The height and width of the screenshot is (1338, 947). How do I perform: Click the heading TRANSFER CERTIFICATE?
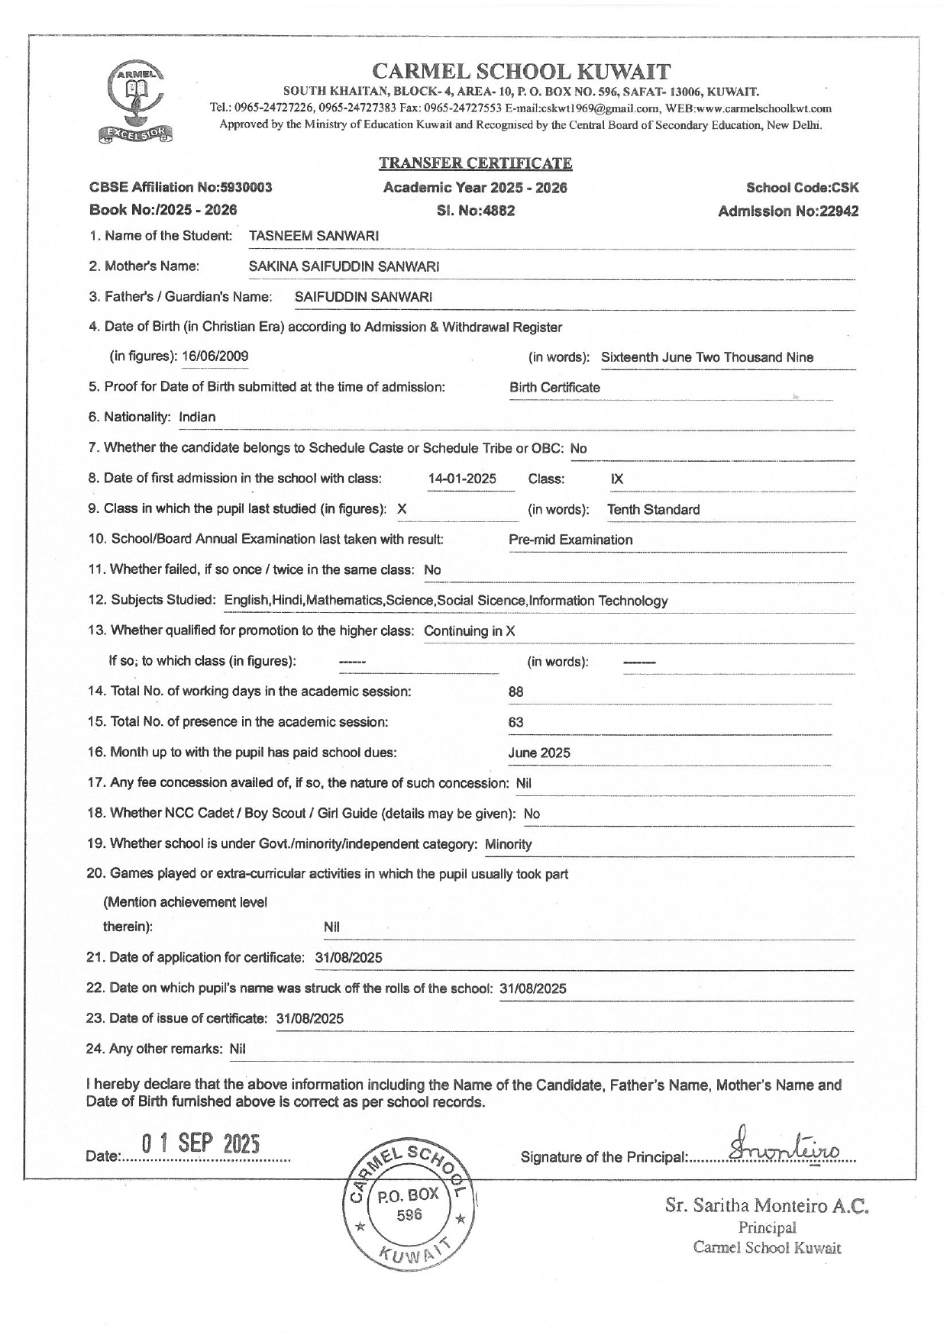coord(475,163)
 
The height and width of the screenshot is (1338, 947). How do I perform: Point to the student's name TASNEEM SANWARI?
coord(314,236)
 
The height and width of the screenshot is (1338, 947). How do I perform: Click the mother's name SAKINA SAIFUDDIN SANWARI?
coord(344,266)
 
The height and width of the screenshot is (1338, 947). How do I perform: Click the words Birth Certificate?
coord(554,388)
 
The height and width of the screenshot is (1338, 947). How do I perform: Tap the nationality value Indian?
coord(197,418)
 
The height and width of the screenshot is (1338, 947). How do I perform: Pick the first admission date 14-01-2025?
coord(462,479)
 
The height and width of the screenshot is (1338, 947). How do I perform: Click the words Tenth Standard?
coord(653,510)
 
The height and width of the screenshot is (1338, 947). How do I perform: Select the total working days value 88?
coord(516,692)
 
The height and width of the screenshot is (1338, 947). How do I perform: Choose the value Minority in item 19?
coord(508,844)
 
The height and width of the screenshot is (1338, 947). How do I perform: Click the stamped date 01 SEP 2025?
coord(201,1145)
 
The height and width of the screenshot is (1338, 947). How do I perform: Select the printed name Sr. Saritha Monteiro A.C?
coord(767,1207)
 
